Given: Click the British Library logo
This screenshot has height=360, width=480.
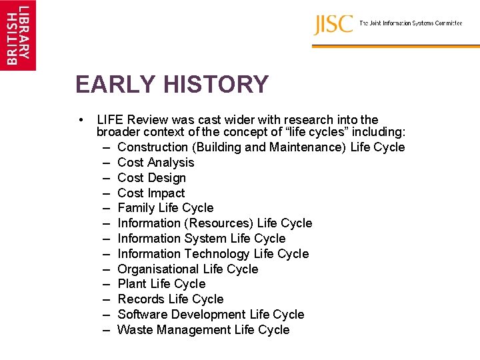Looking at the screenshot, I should [x=18, y=35].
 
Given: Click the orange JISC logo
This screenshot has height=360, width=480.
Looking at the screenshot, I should [x=333, y=25].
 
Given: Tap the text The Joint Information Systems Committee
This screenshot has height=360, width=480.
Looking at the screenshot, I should [x=411, y=23].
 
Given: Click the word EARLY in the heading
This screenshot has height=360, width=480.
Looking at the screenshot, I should [x=114, y=85].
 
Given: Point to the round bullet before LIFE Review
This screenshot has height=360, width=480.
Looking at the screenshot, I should [x=81, y=120].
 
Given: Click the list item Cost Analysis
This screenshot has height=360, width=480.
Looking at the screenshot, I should [x=155, y=163].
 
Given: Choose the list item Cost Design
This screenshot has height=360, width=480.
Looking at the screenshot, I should [x=151, y=178].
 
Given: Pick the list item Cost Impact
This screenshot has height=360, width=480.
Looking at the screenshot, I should [x=151, y=193].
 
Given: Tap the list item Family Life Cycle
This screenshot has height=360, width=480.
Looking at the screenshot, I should [x=165, y=208].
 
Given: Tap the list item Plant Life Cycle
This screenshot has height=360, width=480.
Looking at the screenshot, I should [x=161, y=284].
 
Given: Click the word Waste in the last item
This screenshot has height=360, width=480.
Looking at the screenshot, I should [x=134, y=330].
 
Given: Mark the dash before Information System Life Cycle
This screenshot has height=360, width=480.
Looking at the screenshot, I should [x=107, y=239].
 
